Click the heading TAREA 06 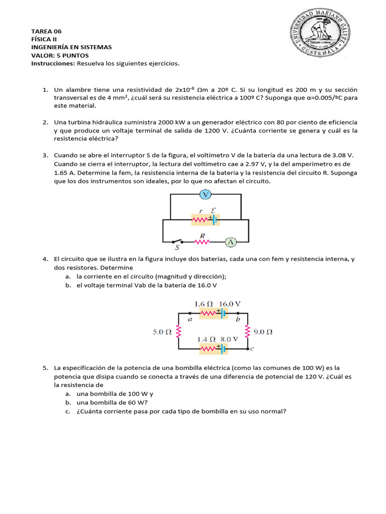(46, 31)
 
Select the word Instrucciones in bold (53, 64)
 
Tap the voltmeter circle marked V (205, 194)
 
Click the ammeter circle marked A (231, 242)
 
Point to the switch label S (177, 247)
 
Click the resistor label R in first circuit (202, 235)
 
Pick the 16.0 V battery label (230, 304)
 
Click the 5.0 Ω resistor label (162, 332)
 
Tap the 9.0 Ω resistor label (262, 332)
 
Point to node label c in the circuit (252, 348)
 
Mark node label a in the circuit (190, 318)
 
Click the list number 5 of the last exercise (45, 368)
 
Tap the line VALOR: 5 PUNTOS (60, 55)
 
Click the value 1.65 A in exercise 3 (64, 172)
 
